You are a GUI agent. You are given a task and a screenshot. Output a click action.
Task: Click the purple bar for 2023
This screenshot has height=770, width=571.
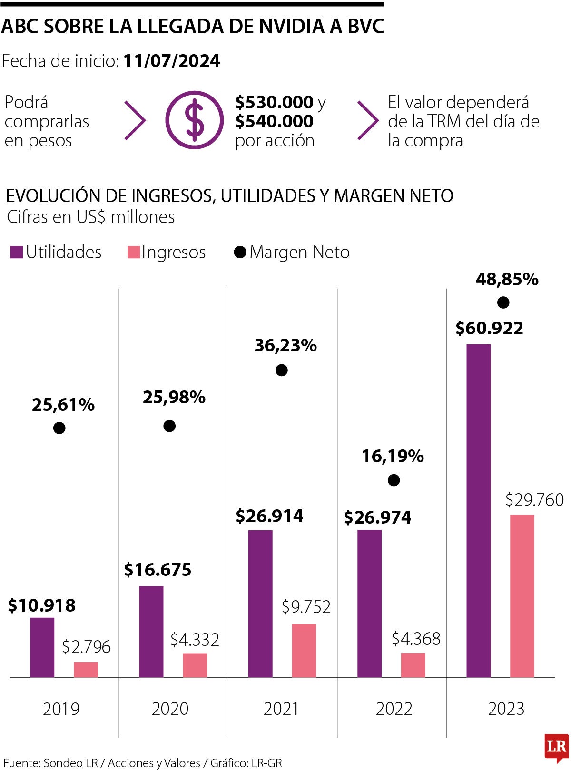pyautogui.click(x=478, y=510)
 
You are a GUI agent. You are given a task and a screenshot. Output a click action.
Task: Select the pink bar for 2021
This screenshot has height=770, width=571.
pyautogui.click(x=304, y=650)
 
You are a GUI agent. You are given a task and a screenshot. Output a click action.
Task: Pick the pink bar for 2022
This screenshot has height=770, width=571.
pyautogui.click(x=413, y=665)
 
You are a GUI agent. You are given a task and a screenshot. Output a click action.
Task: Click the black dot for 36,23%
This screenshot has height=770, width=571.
pyautogui.click(x=282, y=370)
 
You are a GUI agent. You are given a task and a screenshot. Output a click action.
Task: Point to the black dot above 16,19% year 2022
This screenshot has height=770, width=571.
pyautogui.click(x=394, y=480)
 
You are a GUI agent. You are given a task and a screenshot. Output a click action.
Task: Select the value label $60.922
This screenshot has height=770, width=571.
pyautogui.click(x=489, y=328)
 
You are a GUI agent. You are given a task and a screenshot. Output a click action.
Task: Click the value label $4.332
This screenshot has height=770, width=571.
pyautogui.click(x=195, y=640)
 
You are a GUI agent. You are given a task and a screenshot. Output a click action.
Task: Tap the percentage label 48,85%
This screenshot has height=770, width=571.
pyautogui.click(x=507, y=279)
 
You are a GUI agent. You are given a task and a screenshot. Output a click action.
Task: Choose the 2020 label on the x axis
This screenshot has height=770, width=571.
pyautogui.click(x=170, y=709)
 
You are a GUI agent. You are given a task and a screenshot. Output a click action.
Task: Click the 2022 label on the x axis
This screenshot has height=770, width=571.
pyautogui.click(x=394, y=709)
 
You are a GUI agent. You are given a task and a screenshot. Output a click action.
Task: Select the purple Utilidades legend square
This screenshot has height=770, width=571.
pyautogui.click(x=17, y=252)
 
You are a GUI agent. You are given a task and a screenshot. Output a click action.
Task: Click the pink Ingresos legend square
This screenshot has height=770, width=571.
pyautogui.click(x=134, y=252)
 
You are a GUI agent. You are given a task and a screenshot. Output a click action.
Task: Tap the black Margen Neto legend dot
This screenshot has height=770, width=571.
pyautogui.click(x=240, y=252)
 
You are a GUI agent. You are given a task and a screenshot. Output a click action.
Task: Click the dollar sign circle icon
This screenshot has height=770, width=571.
pyautogui.click(x=194, y=120)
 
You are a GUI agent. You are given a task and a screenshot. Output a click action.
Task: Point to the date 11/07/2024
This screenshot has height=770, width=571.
pyautogui.click(x=171, y=61)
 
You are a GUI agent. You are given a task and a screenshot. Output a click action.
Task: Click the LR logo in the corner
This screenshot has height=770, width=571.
pyautogui.click(x=557, y=747)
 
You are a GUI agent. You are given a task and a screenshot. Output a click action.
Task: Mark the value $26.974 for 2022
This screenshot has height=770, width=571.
pyautogui.click(x=377, y=517)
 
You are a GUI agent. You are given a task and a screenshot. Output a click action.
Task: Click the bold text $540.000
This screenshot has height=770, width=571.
pyautogui.click(x=275, y=121)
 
